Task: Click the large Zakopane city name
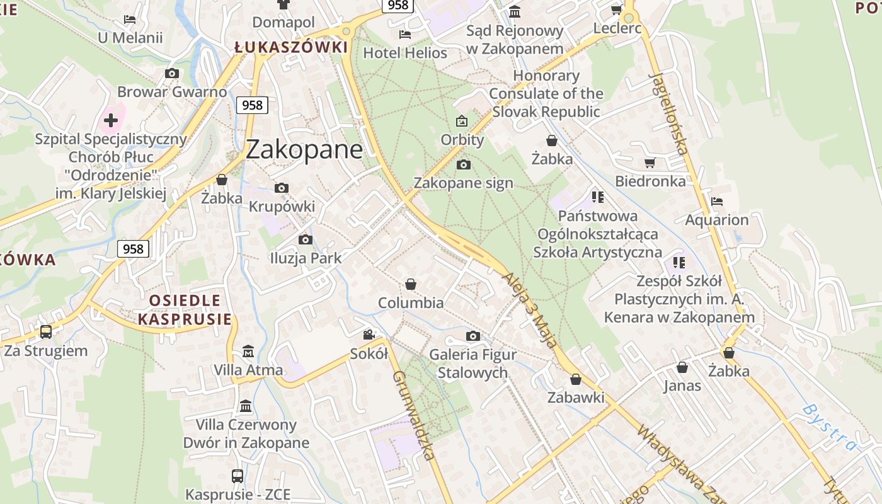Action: click(x=304, y=149)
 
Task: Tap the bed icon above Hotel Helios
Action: click(x=405, y=35)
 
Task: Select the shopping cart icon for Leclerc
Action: click(x=616, y=9)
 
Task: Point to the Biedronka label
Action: click(x=650, y=181)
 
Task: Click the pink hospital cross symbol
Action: click(x=111, y=120)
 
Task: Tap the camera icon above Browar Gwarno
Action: click(x=171, y=74)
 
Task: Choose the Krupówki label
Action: click(x=282, y=207)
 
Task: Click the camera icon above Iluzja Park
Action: click(x=306, y=239)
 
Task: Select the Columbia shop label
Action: click(x=411, y=303)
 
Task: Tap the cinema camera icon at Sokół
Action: click(x=369, y=335)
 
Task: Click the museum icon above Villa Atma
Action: click(x=248, y=351)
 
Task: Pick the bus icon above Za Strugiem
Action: click(x=46, y=332)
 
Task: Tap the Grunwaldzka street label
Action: click(x=414, y=415)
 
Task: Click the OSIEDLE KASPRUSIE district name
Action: click(x=185, y=309)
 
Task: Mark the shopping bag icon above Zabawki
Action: click(x=575, y=379)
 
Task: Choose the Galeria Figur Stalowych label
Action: click(x=472, y=364)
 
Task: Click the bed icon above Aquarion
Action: click(x=716, y=202)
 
